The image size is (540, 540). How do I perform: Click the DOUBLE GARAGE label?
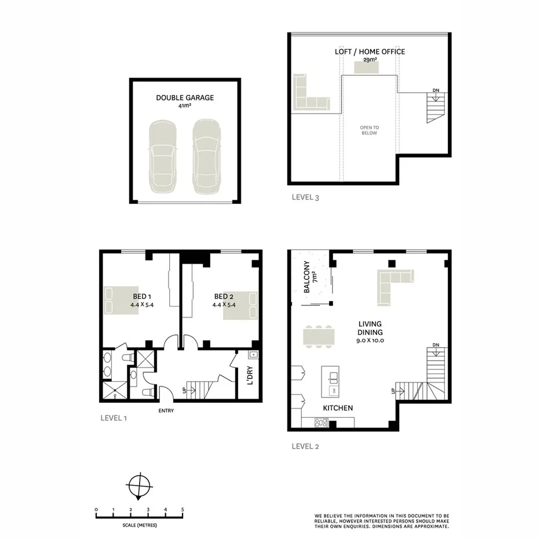pyautogui.click(x=184, y=98)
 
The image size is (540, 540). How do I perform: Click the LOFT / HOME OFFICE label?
pyautogui.click(x=370, y=52)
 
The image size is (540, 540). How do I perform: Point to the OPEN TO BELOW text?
pyautogui.click(x=369, y=130)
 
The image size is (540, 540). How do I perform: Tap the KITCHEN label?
pyautogui.click(x=338, y=408)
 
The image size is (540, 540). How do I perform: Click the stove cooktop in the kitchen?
pyautogui.click(x=320, y=422)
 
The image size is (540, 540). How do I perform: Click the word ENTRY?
pyautogui.click(x=165, y=411)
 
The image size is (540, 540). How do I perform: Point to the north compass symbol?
pyautogui.click(x=139, y=484)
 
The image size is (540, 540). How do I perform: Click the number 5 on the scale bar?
pyautogui.click(x=183, y=509)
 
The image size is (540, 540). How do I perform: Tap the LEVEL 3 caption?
pyautogui.click(x=305, y=198)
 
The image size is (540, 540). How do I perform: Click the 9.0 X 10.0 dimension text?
pyautogui.click(x=370, y=341)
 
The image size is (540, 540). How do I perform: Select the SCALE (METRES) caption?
pyautogui.click(x=140, y=525)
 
